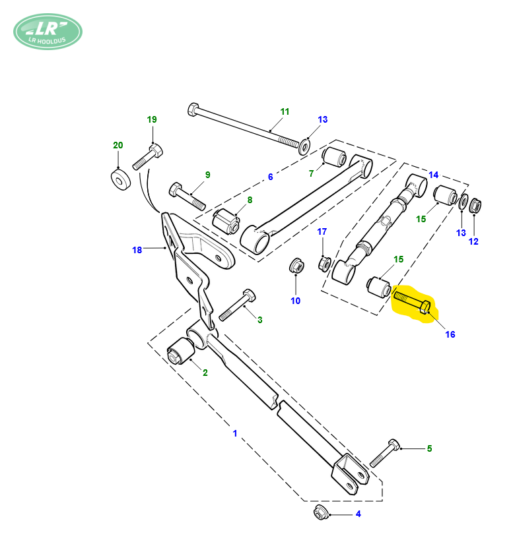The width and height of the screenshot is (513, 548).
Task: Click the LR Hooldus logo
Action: (48, 32)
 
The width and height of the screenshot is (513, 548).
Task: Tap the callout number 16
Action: (450, 334)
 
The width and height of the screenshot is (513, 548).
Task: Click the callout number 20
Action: (118, 145)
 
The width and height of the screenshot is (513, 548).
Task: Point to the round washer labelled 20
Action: (121, 179)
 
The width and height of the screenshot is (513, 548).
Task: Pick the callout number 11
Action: (285, 111)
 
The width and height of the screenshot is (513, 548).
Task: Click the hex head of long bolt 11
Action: (193, 109)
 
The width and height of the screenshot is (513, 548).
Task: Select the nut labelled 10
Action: (296, 266)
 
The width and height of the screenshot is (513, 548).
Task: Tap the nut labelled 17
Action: (325, 264)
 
